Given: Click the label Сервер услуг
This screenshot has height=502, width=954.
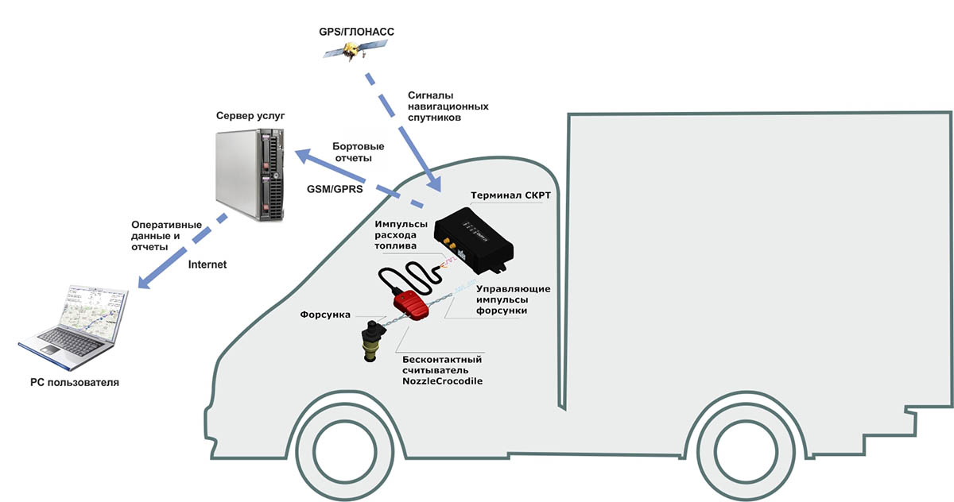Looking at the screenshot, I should (x=250, y=117).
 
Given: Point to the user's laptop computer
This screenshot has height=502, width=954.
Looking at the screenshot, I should (x=73, y=326).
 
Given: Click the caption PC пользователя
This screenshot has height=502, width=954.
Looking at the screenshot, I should (x=75, y=383).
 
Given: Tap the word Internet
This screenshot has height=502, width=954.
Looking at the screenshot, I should (x=208, y=265).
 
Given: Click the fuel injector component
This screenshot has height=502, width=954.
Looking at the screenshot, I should (x=371, y=342).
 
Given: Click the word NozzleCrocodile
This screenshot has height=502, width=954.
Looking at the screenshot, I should (x=443, y=382).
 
